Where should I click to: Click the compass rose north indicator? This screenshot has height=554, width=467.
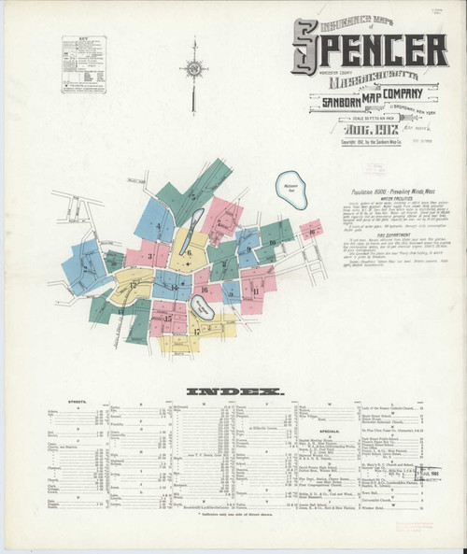194,67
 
